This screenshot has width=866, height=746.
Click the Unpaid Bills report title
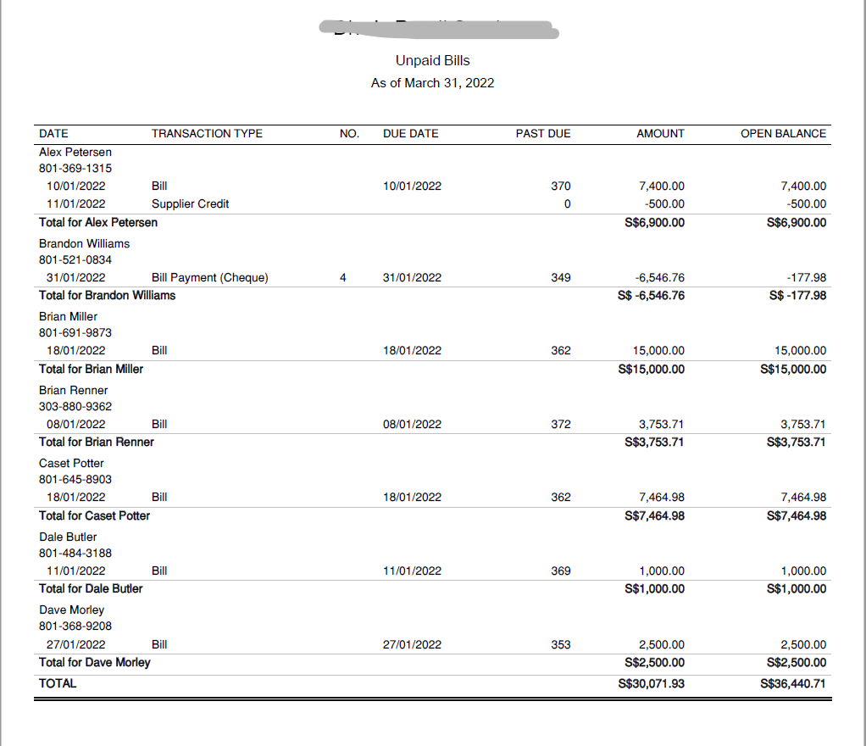(x=432, y=60)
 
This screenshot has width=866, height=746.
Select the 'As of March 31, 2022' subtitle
(x=432, y=83)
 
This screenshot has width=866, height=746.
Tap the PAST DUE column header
(x=543, y=133)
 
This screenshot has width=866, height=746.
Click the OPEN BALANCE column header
(x=783, y=133)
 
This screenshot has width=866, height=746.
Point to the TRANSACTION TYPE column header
(x=207, y=133)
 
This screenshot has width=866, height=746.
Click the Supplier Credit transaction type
(x=190, y=203)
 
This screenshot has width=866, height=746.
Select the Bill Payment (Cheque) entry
(x=209, y=277)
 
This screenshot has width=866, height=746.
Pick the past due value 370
(x=560, y=186)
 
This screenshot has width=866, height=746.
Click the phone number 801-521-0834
(x=75, y=259)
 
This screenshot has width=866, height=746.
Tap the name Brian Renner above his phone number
(x=73, y=390)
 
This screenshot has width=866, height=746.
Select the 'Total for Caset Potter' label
(x=94, y=515)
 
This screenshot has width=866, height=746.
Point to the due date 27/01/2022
(x=412, y=644)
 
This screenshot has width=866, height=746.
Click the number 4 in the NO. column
(x=342, y=277)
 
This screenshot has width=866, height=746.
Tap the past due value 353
(x=560, y=644)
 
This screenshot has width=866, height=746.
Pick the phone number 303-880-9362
(x=75, y=406)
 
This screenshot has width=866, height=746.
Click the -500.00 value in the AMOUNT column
(x=664, y=203)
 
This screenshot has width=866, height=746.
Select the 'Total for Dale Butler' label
(x=91, y=588)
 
